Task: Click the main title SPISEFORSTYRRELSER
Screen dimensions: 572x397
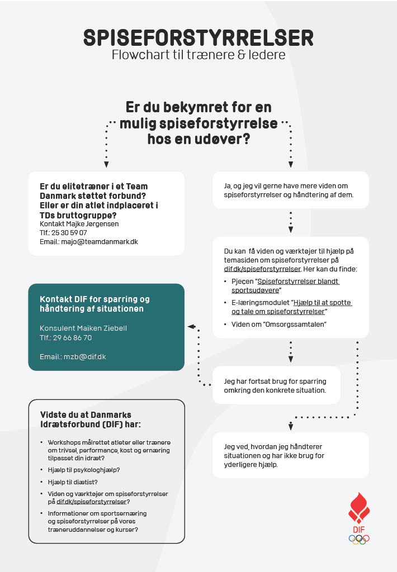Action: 198,37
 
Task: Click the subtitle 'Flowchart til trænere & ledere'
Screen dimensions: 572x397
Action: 198,55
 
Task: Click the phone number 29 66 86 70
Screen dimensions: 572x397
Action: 73,337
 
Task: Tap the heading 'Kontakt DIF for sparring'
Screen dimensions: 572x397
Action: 94,299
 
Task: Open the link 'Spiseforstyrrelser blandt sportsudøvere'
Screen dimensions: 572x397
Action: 286,286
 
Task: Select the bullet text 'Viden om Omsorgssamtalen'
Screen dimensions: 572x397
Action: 279,324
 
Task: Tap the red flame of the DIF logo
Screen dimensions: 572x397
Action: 358,508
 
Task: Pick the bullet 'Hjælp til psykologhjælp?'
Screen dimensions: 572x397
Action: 84,470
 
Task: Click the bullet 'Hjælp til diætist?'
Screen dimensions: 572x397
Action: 77,482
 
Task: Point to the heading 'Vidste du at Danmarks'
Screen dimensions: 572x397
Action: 86,414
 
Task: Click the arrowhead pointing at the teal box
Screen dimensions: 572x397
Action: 191,326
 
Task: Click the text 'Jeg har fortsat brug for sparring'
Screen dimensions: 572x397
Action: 276,380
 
